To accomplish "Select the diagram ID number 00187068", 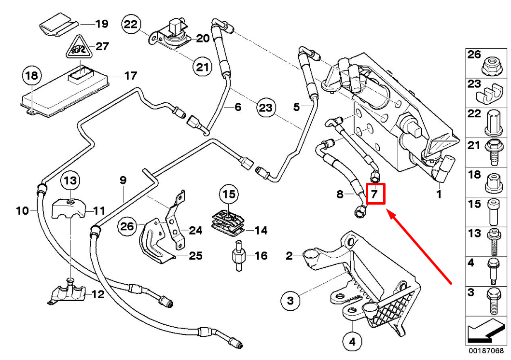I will (x=486, y=350).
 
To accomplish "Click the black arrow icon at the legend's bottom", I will (x=486, y=332).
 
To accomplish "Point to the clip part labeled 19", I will (x=58, y=24).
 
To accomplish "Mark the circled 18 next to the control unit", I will (x=32, y=76).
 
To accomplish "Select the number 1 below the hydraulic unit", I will (x=439, y=195).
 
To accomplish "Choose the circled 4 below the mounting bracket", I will (x=352, y=342).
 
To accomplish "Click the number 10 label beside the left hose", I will (x=22, y=210).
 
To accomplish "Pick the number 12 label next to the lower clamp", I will (x=97, y=294).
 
